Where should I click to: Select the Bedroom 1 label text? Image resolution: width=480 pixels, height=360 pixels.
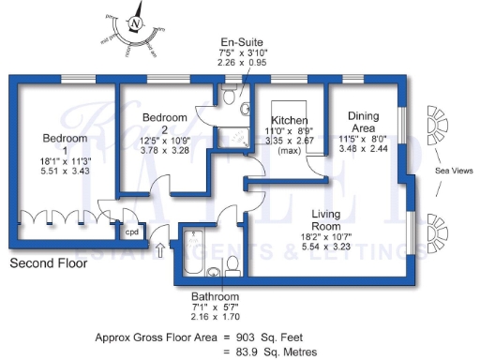pos(65,144)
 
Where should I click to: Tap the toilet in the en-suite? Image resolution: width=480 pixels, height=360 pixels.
pos(244,110)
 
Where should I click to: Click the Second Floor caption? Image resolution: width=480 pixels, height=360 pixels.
pos(48,264)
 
